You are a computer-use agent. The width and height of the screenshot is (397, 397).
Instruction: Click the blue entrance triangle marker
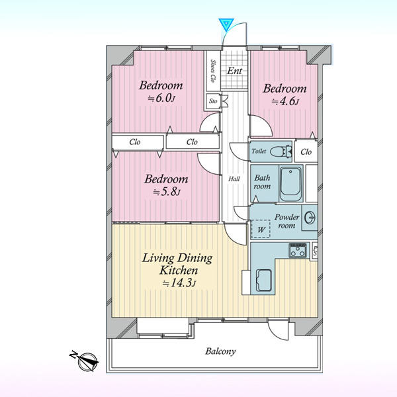[226, 24]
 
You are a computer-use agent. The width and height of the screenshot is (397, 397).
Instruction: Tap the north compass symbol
[87, 361]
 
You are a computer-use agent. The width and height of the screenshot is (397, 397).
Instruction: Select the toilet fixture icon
[281, 152]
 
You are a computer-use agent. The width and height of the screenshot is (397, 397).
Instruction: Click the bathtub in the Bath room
[290, 184]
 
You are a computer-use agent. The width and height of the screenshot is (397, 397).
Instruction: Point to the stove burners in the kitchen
[298, 251]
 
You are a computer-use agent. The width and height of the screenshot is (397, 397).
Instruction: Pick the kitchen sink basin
[264, 281]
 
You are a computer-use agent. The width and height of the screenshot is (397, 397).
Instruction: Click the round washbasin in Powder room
[310, 218]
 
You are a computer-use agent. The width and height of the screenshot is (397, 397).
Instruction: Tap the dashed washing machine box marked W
[261, 229]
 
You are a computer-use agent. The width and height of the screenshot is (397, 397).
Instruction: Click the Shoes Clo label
[213, 71]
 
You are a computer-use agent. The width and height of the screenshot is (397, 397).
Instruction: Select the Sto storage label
[213, 101]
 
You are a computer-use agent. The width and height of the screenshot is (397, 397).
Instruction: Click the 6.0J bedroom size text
[161, 98]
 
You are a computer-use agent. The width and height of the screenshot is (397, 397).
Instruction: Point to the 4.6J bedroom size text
[285, 101]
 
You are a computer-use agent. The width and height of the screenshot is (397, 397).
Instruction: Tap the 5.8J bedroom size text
[167, 192]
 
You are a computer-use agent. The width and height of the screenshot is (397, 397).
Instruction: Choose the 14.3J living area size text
[179, 283]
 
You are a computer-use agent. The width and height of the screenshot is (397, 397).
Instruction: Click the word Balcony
[220, 351]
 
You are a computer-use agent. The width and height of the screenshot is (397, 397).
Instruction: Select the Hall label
[234, 179]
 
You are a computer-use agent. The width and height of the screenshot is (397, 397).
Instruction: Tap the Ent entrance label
[234, 71]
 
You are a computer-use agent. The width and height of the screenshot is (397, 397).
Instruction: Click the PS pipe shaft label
[315, 251]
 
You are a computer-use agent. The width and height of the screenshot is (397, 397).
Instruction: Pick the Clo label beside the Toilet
[306, 152]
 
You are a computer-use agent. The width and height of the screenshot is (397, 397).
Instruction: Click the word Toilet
[259, 151]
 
